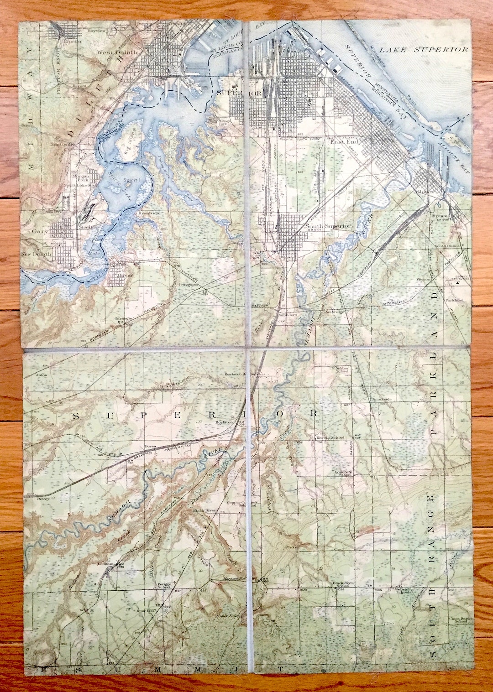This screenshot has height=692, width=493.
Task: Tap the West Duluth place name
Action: click(117, 52)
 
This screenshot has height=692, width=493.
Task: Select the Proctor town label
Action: click(72, 41)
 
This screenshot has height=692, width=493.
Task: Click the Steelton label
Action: click(89, 227)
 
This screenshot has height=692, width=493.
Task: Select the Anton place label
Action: click(42, 375)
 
